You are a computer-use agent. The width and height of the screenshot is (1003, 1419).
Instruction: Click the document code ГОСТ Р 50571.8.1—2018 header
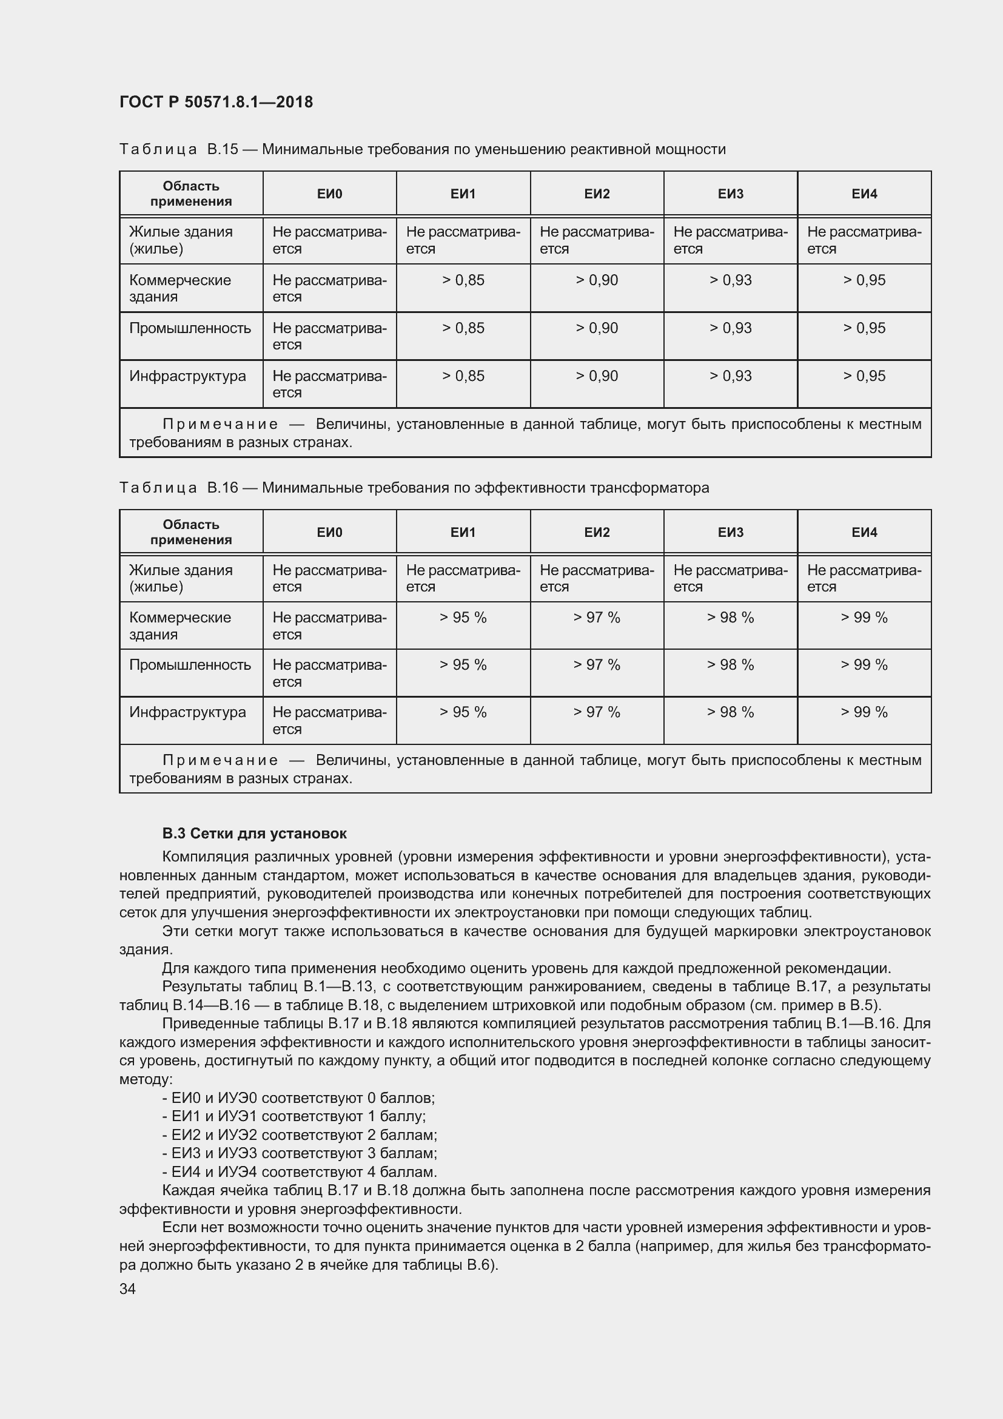[216, 102]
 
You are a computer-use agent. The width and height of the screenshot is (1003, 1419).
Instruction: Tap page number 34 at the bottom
[127, 1289]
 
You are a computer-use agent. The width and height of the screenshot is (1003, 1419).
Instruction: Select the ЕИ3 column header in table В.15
[730, 194]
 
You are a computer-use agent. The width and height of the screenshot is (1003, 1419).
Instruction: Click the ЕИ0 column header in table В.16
[329, 532]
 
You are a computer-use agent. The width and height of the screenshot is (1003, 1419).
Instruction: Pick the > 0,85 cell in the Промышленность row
[463, 328]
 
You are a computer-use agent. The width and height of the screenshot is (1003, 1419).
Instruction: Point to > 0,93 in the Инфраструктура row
[730, 376]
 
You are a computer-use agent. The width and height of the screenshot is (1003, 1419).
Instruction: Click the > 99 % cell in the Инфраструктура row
[864, 712]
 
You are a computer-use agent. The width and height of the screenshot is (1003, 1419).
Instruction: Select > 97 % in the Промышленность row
[596, 664]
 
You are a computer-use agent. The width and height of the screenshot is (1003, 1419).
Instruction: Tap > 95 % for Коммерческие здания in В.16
[463, 618]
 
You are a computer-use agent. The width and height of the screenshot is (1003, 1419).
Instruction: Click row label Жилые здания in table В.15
[180, 240]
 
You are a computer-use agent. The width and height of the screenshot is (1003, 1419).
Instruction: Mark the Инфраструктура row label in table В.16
[187, 712]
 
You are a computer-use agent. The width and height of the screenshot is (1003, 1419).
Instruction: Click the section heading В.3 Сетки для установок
[254, 833]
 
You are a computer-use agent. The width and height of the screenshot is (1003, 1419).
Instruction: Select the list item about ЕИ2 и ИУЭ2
[300, 1134]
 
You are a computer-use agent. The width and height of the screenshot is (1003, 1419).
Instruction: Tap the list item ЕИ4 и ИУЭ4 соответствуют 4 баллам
[300, 1172]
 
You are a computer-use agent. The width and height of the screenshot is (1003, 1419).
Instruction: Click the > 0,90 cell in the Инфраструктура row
[596, 376]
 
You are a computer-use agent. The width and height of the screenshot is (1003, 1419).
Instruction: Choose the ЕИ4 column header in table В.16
[864, 532]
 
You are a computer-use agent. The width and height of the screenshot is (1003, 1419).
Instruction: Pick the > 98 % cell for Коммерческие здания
[730, 618]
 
